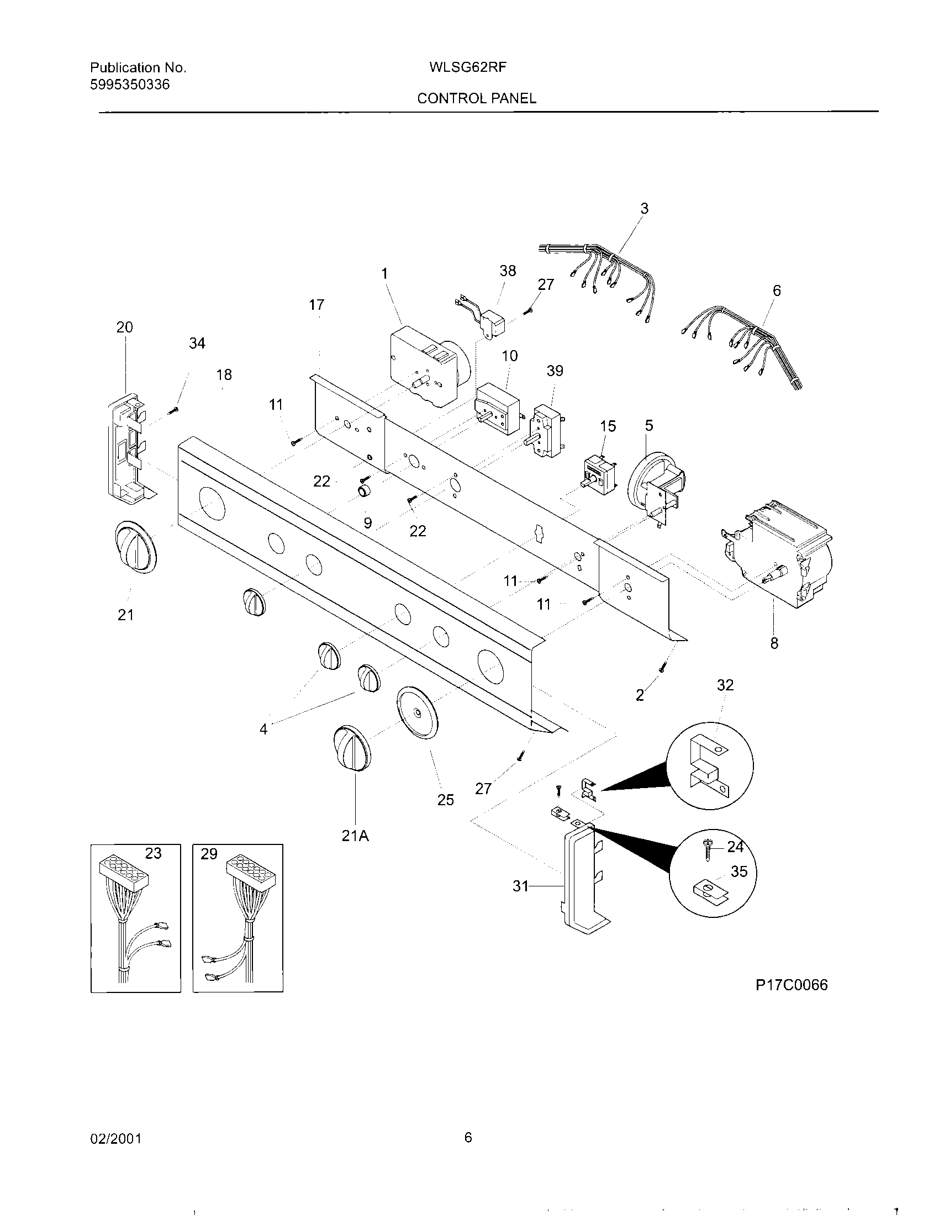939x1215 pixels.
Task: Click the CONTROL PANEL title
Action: (x=477, y=98)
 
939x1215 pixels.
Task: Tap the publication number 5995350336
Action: (x=130, y=84)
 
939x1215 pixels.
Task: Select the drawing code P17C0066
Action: (x=791, y=985)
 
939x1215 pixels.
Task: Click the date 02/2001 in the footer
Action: (x=115, y=1139)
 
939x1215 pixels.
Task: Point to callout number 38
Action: (x=507, y=271)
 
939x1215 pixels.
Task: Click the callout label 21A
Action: (x=356, y=836)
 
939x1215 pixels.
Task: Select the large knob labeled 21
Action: (x=135, y=547)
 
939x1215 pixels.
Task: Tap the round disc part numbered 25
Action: (x=416, y=714)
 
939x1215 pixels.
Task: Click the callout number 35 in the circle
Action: (x=738, y=871)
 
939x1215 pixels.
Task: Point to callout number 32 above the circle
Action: (x=725, y=685)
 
